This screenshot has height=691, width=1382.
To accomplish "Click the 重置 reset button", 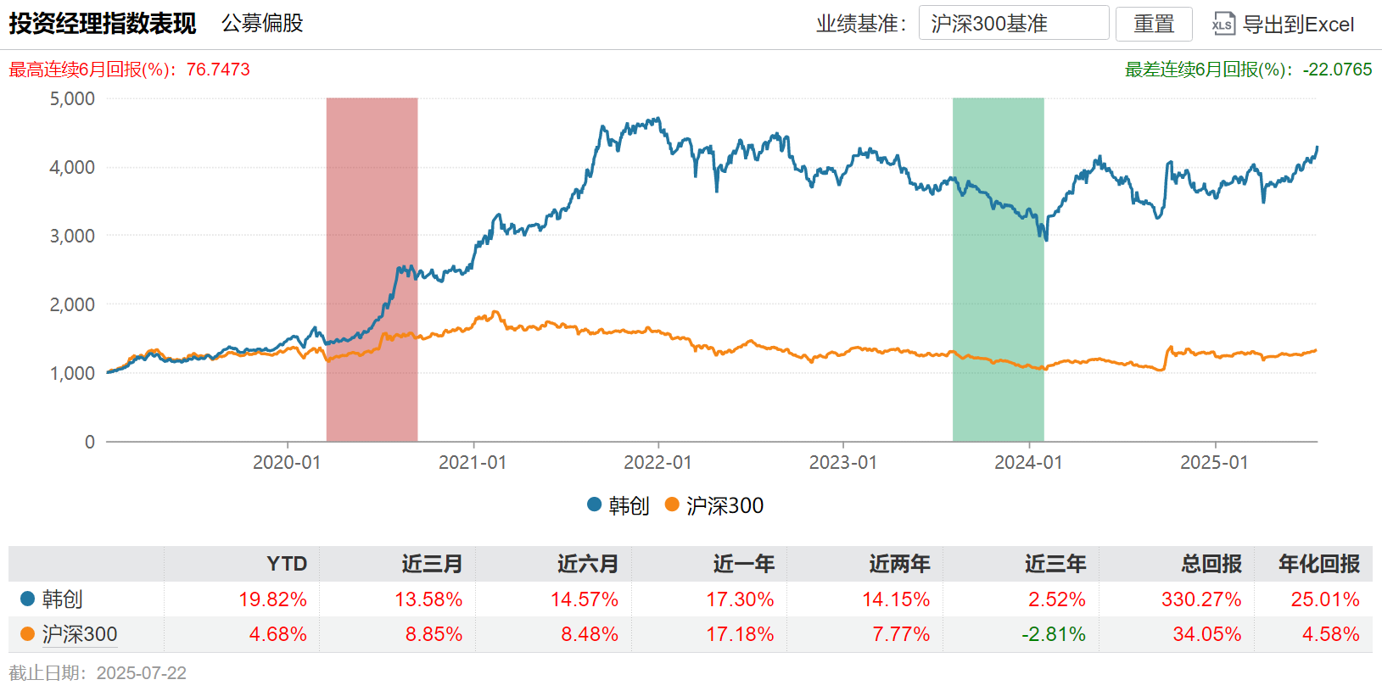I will point(1154,24).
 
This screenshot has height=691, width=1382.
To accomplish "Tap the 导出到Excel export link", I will point(1284,24).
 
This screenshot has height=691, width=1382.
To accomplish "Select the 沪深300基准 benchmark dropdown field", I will point(1013,24).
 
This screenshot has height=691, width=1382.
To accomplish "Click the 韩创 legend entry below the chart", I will point(618,505).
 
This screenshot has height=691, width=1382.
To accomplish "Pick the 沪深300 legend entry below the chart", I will point(714,505).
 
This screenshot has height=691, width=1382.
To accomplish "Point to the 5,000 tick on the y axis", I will point(73,98).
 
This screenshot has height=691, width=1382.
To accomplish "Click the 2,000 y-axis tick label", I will point(73,304).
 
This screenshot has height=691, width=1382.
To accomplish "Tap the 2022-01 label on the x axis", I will point(657,462).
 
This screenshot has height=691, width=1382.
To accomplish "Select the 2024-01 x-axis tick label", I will point(1028,462).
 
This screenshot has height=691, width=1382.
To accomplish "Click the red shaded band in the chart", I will point(372,212).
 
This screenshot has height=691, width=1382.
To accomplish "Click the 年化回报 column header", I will point(1318,564).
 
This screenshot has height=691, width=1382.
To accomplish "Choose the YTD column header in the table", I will point(287,564).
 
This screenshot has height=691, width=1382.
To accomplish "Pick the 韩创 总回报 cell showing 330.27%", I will point(1201,599).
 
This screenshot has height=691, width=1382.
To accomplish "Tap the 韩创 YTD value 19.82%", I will point(272,599).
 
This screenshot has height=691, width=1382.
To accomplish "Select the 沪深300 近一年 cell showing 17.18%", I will point(740,634).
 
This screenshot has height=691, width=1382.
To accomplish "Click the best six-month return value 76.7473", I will point(218,70).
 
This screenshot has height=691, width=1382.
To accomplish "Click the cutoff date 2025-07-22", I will point(141,673).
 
